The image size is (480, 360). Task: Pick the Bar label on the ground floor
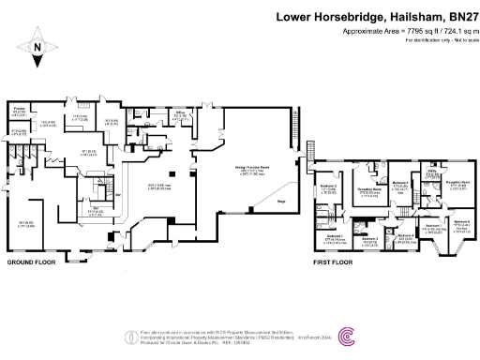point(97,208)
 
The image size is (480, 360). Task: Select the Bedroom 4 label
point(460,222)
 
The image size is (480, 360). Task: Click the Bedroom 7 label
point(432,226)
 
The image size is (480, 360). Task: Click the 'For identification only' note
point(439,39)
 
